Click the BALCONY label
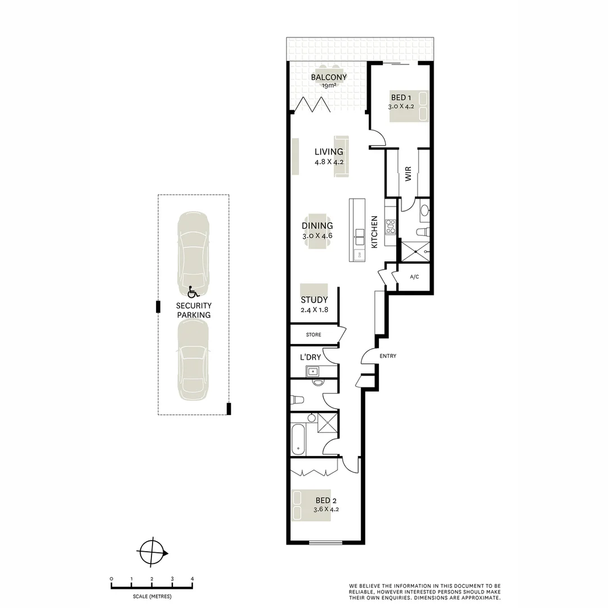329,78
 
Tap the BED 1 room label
401,98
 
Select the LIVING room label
329,152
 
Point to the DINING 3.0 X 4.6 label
318,230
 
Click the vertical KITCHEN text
373,233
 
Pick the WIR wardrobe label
408,174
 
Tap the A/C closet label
414,277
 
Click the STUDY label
314,300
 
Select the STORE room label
314,335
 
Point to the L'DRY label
310,357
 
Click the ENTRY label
388,356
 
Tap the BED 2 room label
327,500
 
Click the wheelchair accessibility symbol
193,292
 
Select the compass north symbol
153,551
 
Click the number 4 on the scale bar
193,579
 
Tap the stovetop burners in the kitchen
390,226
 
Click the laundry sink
312,371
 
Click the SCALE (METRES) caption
152,596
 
